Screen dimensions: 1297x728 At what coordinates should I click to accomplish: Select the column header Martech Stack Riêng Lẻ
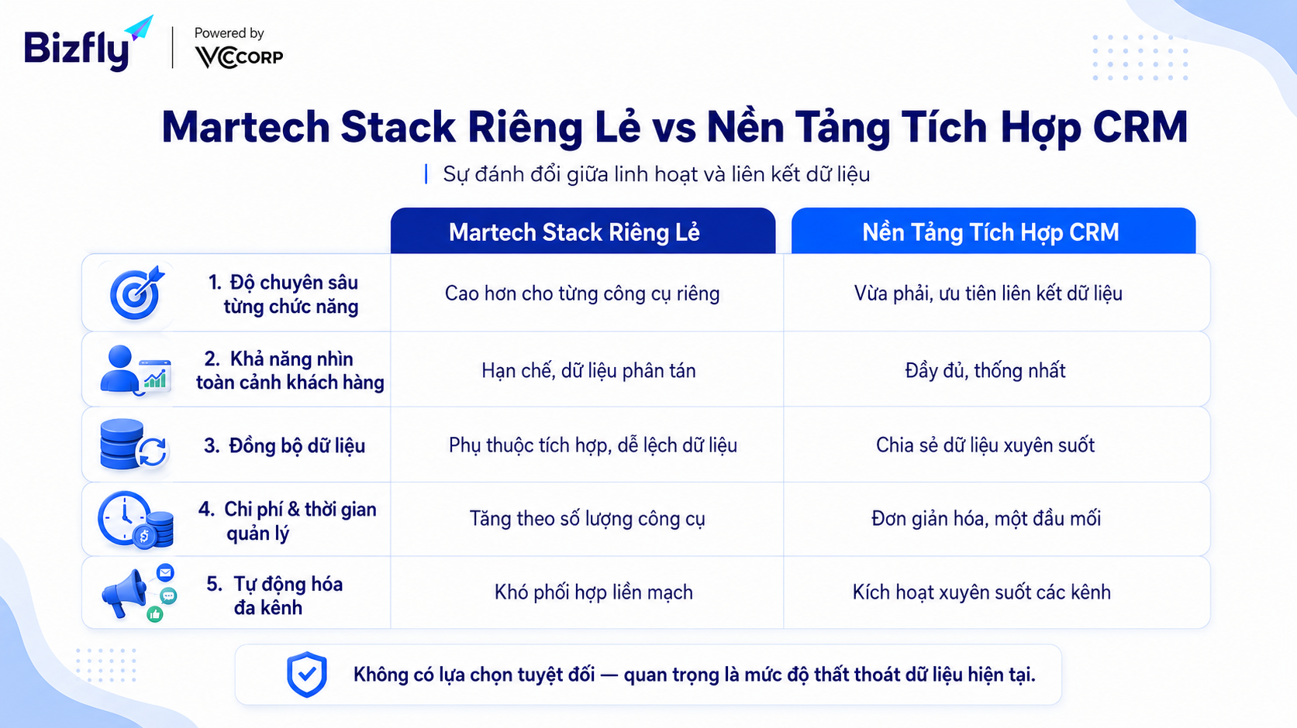574,232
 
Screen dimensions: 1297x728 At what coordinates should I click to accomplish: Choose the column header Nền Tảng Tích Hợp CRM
990,232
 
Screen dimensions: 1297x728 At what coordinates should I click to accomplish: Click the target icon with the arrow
137,293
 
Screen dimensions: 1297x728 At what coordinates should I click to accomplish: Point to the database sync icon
133,445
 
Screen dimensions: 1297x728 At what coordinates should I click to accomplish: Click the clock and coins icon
136,520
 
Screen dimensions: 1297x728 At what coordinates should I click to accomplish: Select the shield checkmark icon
307,675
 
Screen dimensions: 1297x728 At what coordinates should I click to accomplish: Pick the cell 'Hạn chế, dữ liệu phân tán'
588,371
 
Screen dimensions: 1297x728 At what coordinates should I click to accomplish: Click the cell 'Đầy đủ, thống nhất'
985,371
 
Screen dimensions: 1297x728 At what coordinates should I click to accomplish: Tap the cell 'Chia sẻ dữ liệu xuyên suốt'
985,445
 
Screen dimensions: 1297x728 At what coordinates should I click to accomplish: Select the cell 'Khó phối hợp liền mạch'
594,592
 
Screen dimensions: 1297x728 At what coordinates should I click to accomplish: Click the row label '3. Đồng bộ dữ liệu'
285,446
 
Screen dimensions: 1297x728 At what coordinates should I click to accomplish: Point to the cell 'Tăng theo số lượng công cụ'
587,519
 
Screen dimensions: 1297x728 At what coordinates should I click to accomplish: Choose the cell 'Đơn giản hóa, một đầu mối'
985,519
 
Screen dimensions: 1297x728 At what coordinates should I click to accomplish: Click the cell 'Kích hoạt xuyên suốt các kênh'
981,592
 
